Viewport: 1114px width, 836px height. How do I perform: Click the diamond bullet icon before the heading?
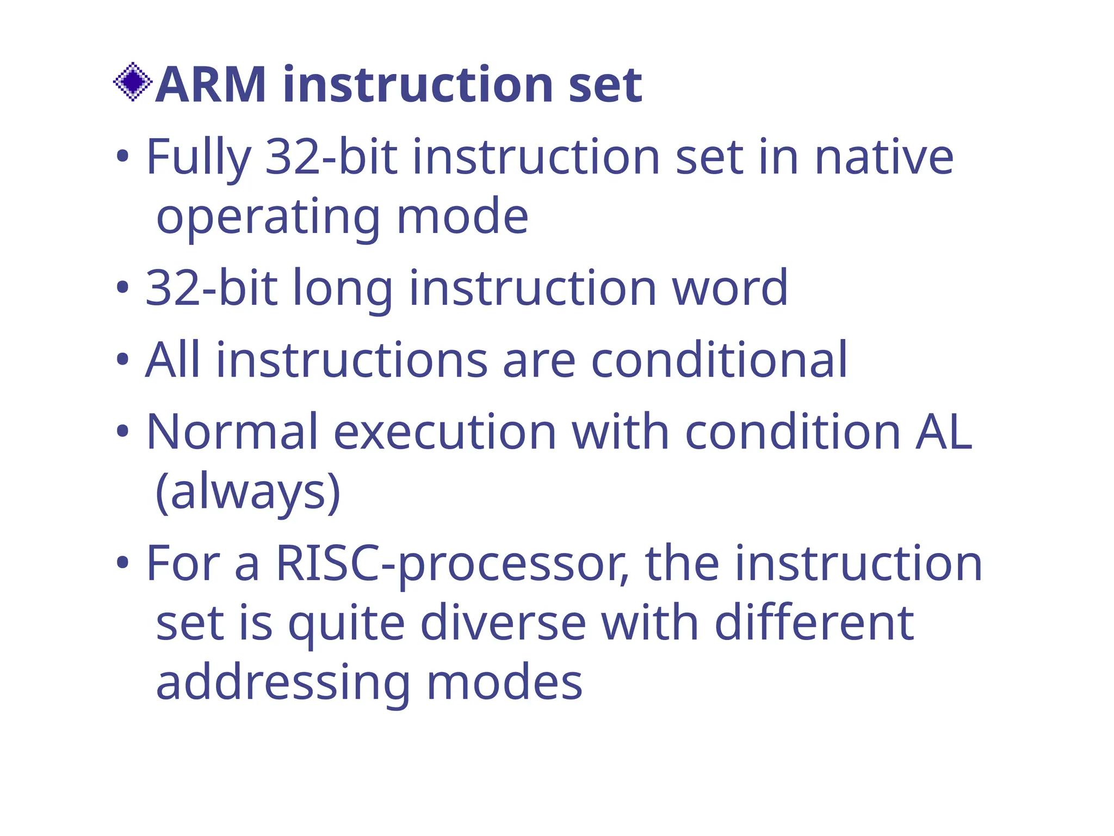click(x=132, y=82)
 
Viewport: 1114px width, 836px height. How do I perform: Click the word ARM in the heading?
click(x=211, y=85)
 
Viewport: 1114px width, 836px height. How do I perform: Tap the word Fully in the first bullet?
click(x=199, y=158)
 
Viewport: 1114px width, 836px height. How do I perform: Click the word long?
click(x=343, y=288)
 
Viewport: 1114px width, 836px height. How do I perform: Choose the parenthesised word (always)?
click(x=248, y=492)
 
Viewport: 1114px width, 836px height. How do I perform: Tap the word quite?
click(x=346, y=624)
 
